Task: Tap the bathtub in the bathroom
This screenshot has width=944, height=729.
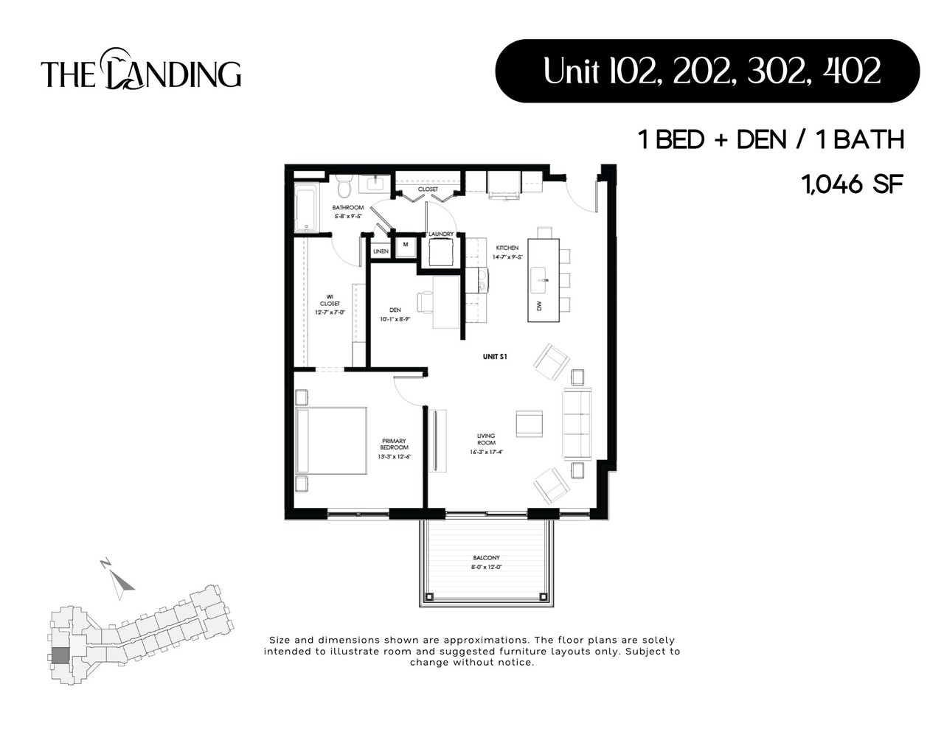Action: tap(305, 209)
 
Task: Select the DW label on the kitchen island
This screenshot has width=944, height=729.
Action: tap(539, 305)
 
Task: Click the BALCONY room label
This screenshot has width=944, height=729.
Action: tap(486, 558)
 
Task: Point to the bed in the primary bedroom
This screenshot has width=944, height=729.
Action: tap(331, 441)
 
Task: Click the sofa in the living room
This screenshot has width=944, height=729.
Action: tap(577, 424)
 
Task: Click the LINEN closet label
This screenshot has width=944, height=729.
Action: tap(381, 251)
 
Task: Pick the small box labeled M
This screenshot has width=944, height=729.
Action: tap(405, 245)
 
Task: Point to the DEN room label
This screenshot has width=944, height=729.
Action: tap(395, 310)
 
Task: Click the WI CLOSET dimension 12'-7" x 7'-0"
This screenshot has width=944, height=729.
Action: tap(330, 313)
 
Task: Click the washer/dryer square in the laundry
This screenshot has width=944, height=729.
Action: tap(441, 254)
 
